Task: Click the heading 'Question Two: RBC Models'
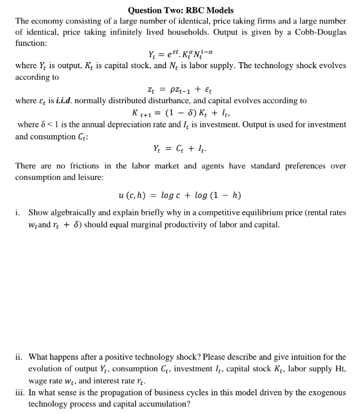(181, 10)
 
